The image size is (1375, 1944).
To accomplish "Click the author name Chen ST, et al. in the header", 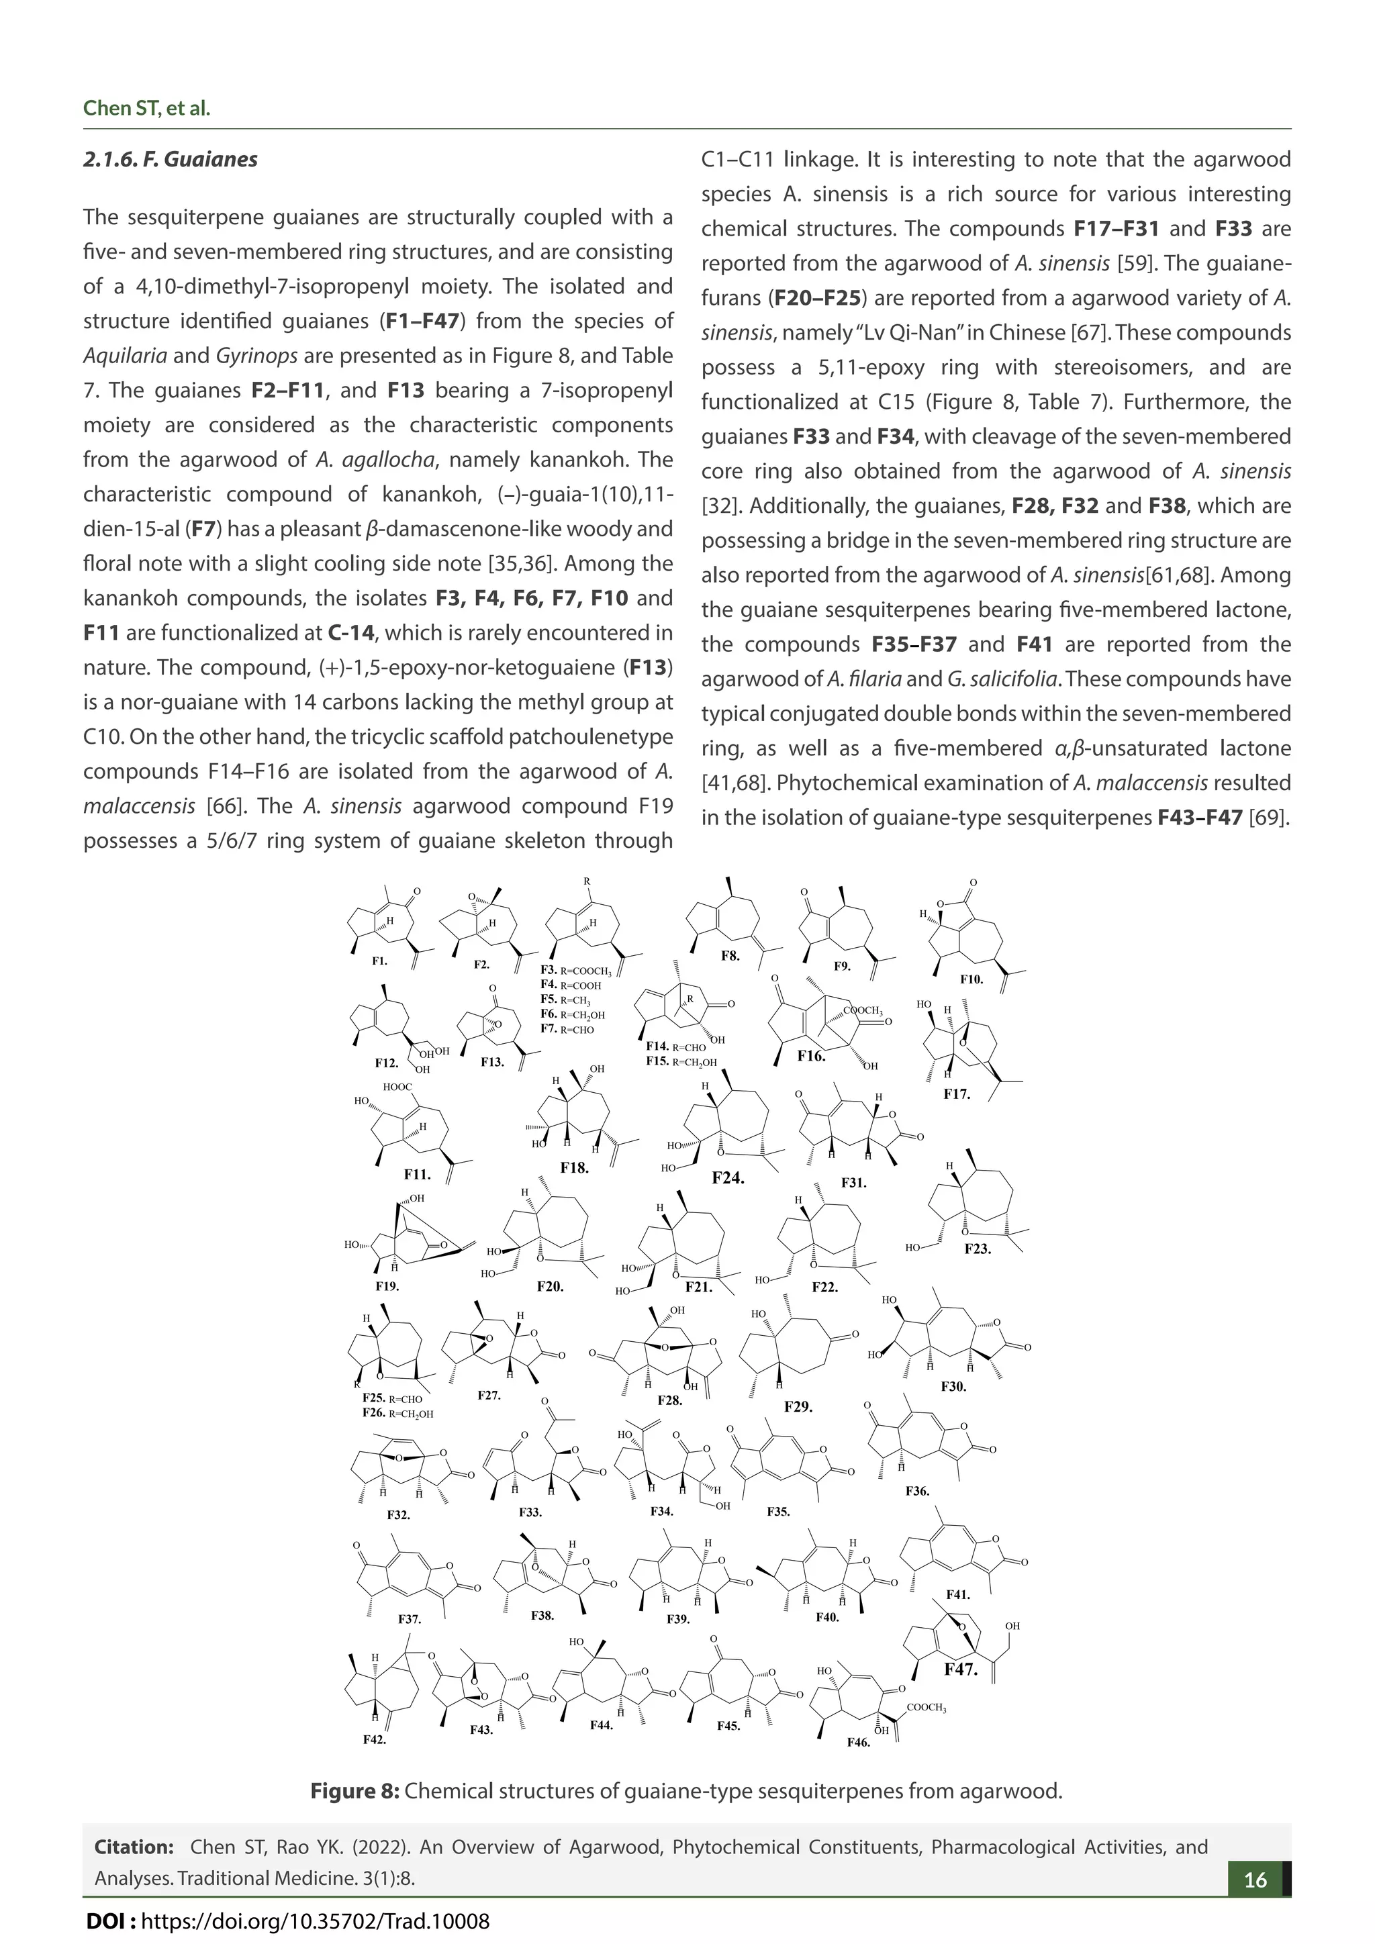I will (x=146, y=108).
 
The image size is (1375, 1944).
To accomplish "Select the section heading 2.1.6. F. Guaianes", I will (x=170, y=159).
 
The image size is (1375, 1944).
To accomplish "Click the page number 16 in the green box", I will (x=1255, y=1880).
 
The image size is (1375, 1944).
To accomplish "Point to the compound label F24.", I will (x=727, y=1177).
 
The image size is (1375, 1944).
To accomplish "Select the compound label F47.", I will (x=961, y=1671).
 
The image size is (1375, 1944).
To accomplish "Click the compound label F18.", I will (x=574, y=1167).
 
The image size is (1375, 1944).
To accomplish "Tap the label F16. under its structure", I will (x=811, y=1056).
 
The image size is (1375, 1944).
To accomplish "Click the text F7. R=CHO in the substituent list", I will (x=567, y=1030).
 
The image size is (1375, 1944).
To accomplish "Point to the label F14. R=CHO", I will (x=675, y=1047).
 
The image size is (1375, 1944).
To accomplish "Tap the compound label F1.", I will (x=379, y=961).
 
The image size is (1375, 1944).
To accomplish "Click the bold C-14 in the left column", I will (x=350, y=632).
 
